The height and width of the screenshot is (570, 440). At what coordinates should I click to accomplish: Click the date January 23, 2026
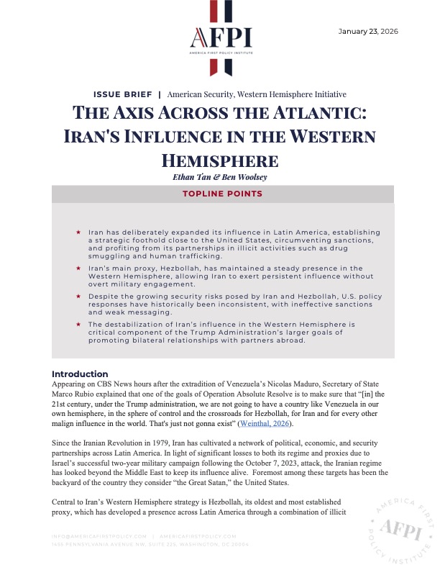(x=368, y=31)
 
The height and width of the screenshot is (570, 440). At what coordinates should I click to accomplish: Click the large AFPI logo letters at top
(x=220, y=37)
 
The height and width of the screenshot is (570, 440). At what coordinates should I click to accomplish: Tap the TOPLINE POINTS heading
(x=220, y=194)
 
